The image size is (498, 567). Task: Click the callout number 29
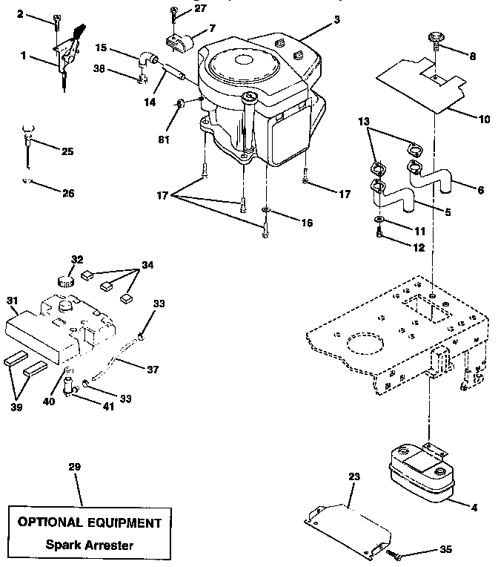(x=74, y=467)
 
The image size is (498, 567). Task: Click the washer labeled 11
(x=379, y=221)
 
